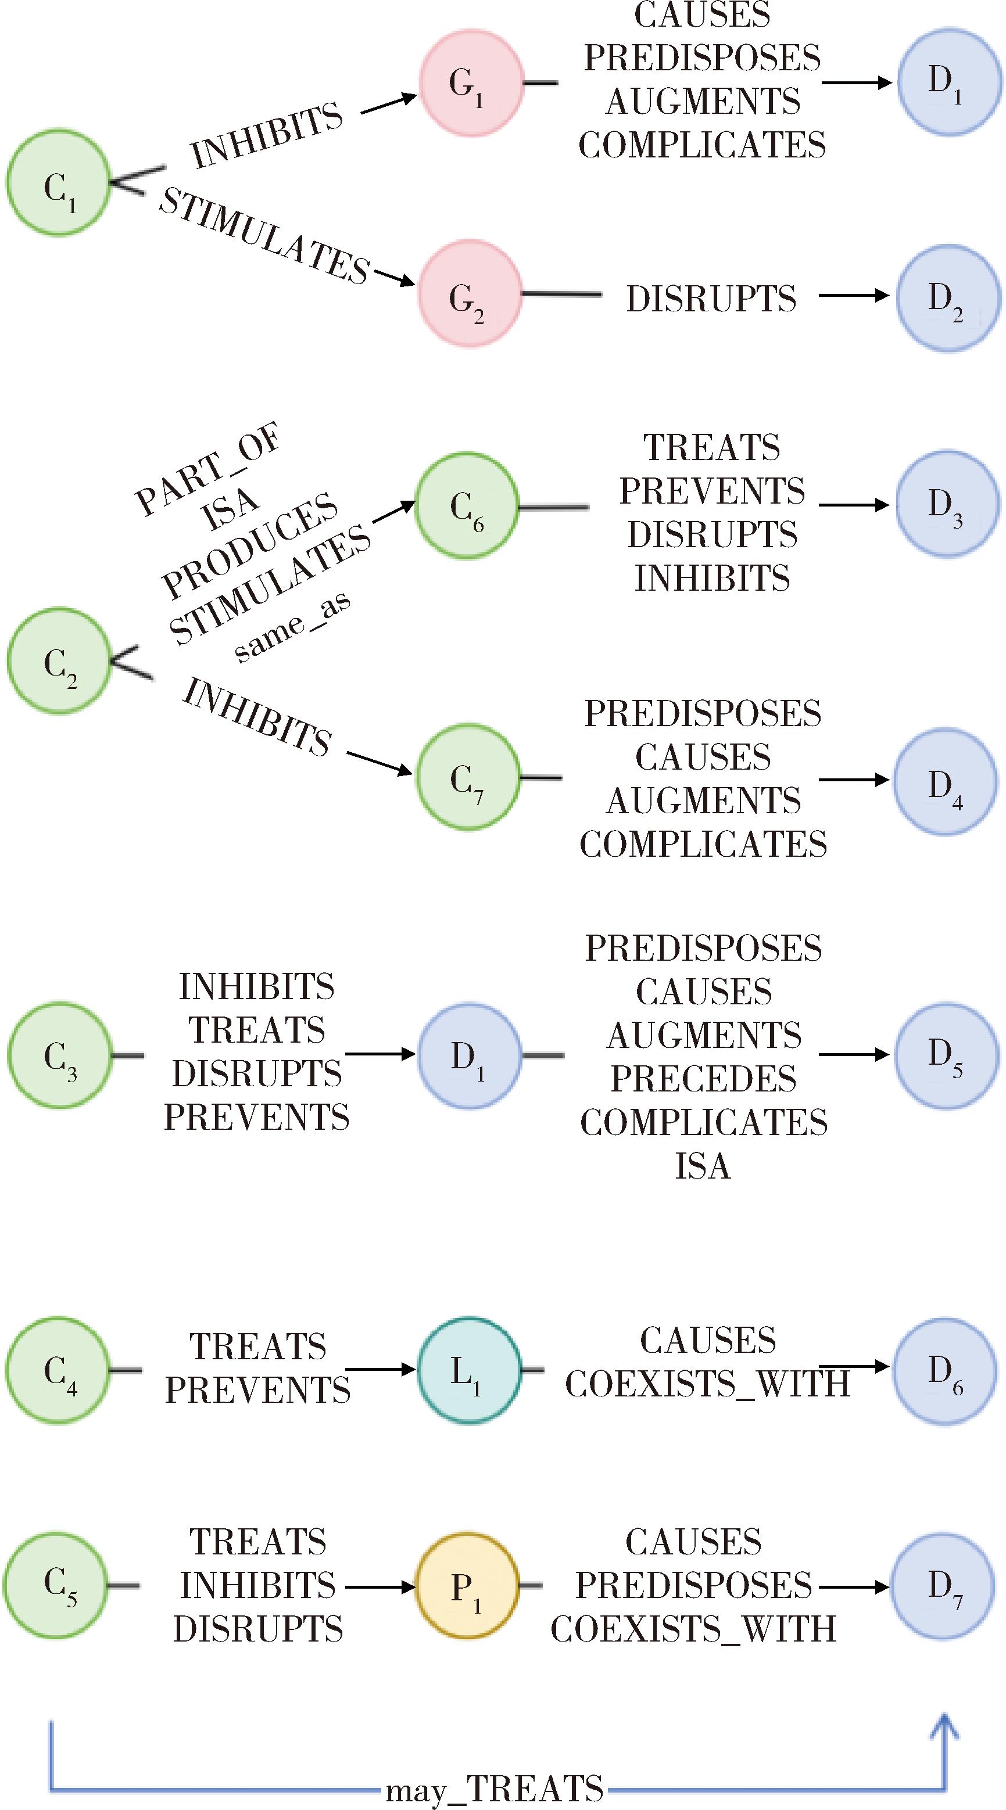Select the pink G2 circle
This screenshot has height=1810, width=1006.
(x=470, y=295)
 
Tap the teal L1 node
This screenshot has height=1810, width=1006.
(x=469, y=1370)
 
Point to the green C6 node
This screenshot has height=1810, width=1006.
(x=467, y=505)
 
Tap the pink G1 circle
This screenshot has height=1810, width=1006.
(x=472, y=82)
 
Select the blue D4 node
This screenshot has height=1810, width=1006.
(x=946, y=781)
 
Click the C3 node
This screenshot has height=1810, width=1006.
(x=59, y=1055)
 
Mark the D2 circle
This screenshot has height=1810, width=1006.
(x=948, y=297)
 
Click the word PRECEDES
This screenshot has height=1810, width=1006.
(x=703, y=1079)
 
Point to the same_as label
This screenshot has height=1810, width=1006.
(x=292, y=627)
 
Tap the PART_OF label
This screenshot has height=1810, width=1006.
(x=207, y=469)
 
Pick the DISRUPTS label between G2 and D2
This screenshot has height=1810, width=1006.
(x=711, y=298)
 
